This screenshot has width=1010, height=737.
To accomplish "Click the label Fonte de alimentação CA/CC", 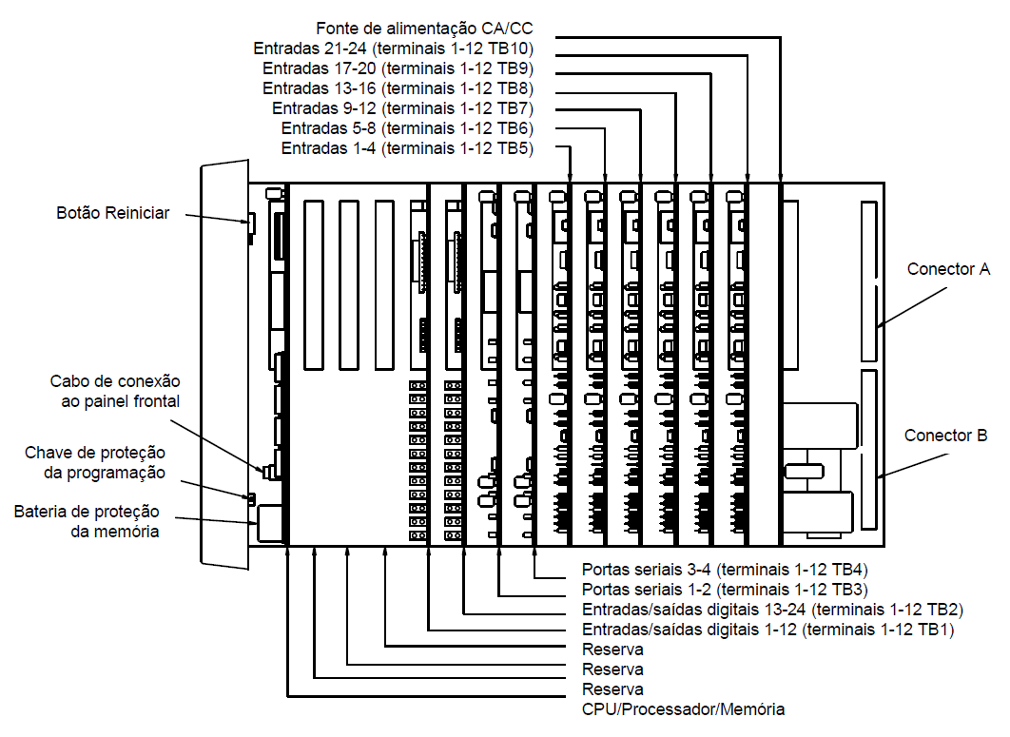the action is (424, 29).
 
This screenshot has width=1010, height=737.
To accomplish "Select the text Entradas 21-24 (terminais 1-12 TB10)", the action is (394, 48).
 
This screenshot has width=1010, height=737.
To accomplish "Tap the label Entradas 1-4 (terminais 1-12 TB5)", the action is (408, 148).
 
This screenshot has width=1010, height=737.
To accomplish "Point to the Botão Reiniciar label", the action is (113, 213).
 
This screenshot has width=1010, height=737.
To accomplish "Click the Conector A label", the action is (948, 268).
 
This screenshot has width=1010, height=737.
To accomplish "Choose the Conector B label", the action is (945, 436).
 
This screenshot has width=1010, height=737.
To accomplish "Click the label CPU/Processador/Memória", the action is (683, 709).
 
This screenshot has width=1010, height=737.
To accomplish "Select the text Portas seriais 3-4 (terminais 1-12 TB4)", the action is (725, 570).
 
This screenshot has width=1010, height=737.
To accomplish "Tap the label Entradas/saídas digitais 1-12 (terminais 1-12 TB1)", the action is (767, 630).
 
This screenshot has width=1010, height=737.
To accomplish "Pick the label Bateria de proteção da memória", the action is (87, 521).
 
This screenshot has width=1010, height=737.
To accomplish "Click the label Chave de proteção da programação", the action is (95, 462).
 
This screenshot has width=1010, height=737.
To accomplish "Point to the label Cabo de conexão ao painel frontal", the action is (115, 391).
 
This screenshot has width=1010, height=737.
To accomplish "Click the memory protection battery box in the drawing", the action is (270, 523).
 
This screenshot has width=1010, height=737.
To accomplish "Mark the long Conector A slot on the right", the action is (869, 281).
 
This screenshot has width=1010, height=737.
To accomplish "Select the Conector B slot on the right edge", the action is (869, 450).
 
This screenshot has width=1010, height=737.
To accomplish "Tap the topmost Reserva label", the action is (612, 650).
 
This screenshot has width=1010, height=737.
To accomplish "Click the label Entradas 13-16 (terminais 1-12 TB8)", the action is (398, 88).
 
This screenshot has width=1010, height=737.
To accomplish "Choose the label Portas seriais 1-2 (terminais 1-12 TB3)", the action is (725, 590).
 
